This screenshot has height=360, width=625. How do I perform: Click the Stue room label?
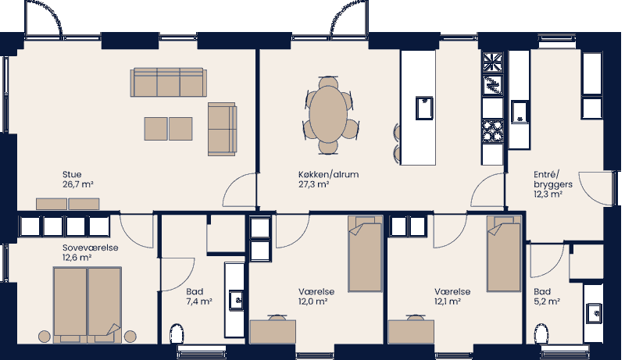[72, 175]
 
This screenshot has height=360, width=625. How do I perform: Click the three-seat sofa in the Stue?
[169, 82]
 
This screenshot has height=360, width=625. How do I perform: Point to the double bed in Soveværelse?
[87, 301]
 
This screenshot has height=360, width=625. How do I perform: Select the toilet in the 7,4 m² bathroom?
[176, 336]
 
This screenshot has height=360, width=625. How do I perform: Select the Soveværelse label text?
[89, 247]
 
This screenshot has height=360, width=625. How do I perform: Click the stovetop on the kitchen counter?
[492, 130]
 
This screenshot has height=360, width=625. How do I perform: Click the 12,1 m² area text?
[447, 301]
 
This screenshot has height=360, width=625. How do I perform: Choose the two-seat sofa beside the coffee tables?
[222, 127]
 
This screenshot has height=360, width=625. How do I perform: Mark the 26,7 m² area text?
[77, 186]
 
